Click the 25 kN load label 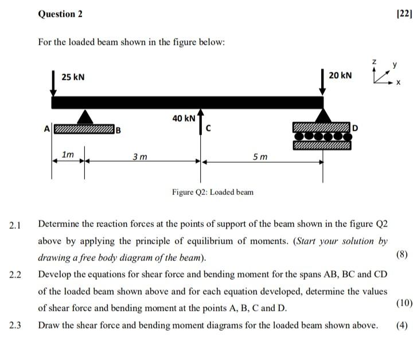73,77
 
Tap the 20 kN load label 341,76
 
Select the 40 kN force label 184,118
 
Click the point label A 48,128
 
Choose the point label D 355,127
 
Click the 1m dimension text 68,154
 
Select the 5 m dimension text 260,156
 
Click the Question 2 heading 60,14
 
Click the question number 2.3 15,326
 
